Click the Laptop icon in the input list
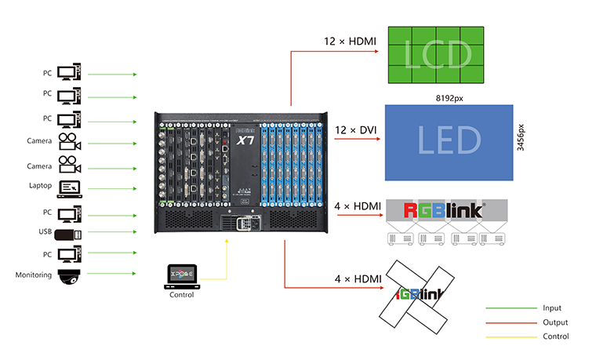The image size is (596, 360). tap(70, 187)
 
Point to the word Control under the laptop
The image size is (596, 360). tap(181, 294)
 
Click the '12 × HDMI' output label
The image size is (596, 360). tap(350, 40)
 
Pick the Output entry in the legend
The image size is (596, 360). tap(554, 322)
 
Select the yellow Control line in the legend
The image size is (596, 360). tap(508, 336)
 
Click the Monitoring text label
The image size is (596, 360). tap(33, 275)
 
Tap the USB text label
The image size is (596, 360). tap(45, 231)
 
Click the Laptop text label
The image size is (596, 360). tap(39, 186)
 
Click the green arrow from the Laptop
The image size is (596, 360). tap(113, 187)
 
